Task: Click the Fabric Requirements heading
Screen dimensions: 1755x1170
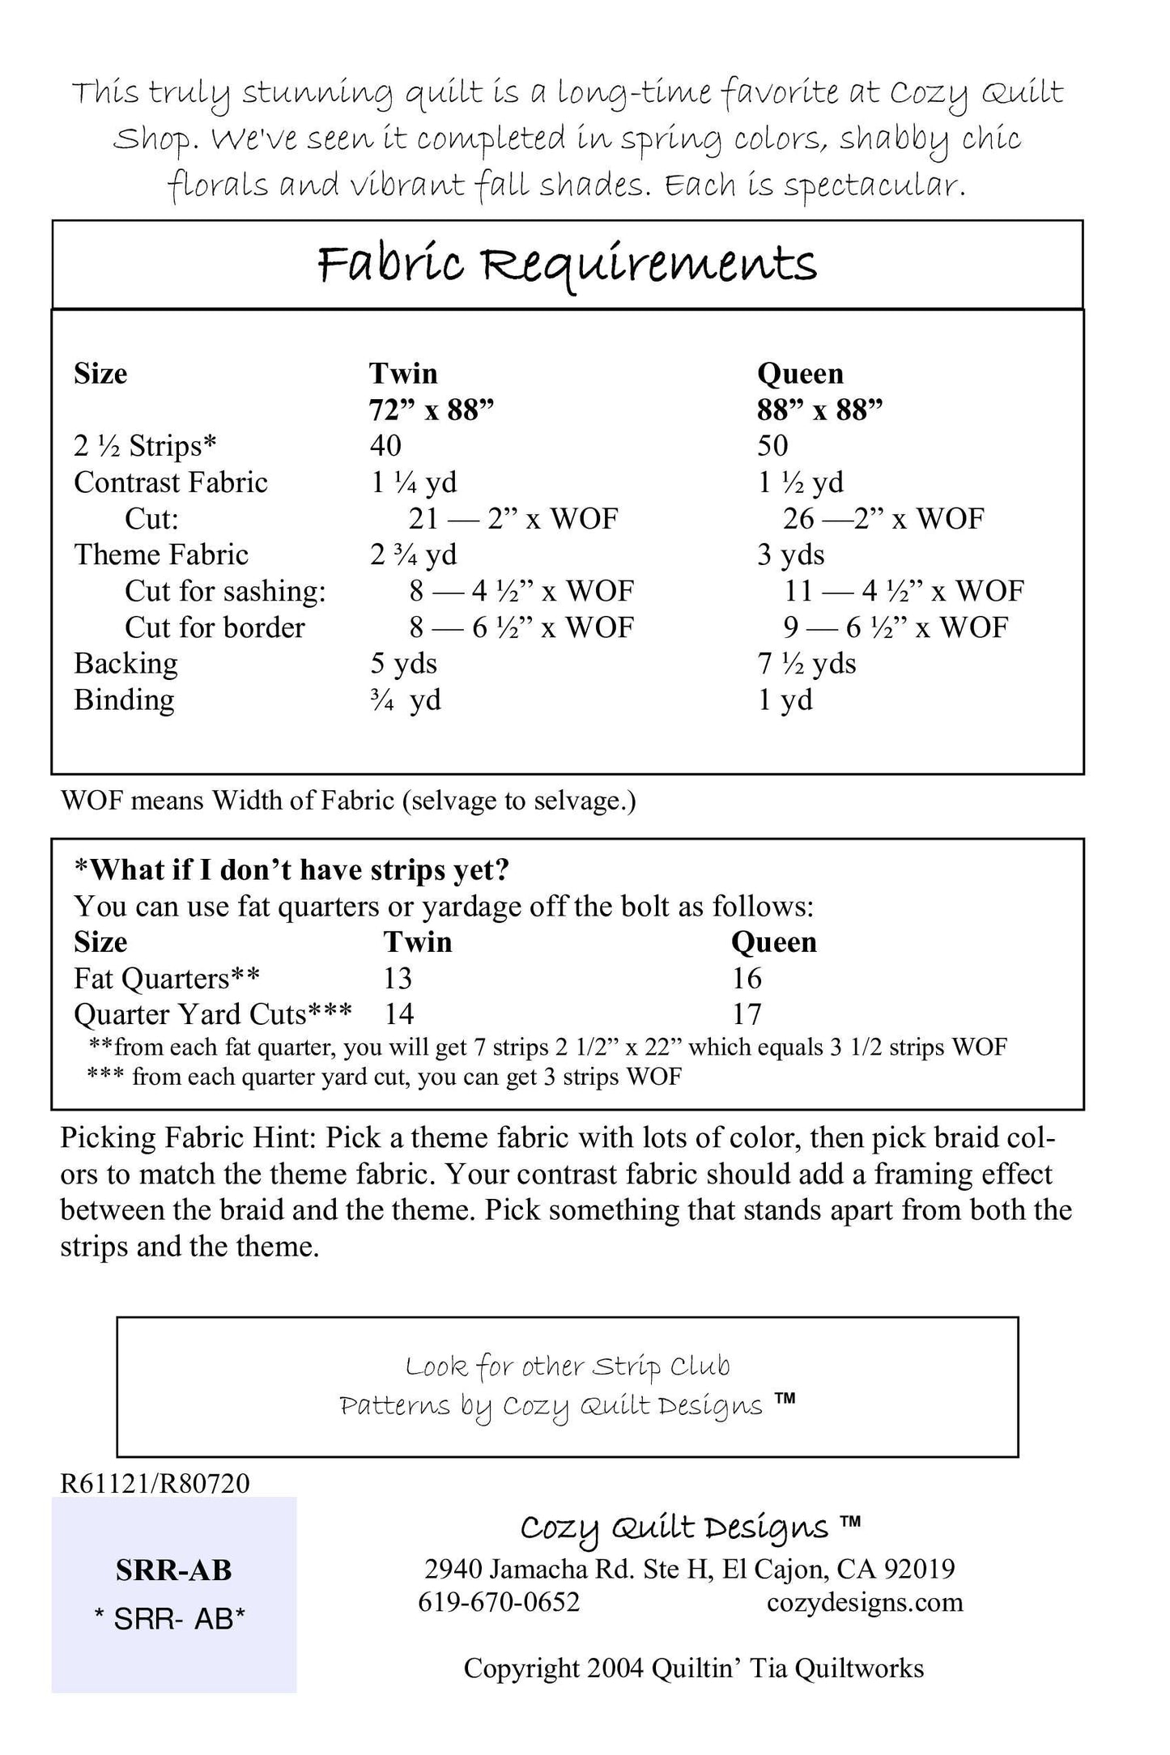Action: (x=567, y=266)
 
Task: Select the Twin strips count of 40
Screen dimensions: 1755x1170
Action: (x=385, y=445)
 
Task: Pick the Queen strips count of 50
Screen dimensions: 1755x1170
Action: (x=772, y=445)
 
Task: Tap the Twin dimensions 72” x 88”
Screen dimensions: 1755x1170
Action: (x=431, y=410)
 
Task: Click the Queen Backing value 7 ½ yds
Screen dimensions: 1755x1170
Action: (x=806, y=664)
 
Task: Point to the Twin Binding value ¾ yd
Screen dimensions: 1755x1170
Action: (x=406, y=700)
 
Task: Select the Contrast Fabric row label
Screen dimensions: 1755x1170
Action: (x=171, y=482)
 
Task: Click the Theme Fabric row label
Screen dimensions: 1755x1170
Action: (x=161, y=555)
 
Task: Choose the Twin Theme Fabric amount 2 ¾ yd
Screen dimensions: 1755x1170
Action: (x=413, y=555)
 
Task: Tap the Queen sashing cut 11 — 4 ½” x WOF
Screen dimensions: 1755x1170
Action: (x=903, y=591)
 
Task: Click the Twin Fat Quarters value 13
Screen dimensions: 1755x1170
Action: (x=398, y=979)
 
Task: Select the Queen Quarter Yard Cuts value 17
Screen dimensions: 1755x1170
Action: (x=747, y=1014)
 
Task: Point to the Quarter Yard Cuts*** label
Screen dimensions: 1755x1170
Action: (x=212, y=1014)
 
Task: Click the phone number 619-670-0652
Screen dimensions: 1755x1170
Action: (x=499, y=1602)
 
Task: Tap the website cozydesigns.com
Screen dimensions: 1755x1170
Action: (x=865, y=1602)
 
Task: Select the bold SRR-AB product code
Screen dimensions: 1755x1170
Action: (x=173, y=1570)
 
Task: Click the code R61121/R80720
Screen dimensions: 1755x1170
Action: (x=155, y=1483)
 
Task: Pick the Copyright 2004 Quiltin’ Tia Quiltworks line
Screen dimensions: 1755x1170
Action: (x=693, y=1668)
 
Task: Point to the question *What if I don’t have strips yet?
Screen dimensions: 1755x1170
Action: (x=291, y=869)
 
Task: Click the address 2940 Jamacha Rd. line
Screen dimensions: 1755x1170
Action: (x=689, y=1569)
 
